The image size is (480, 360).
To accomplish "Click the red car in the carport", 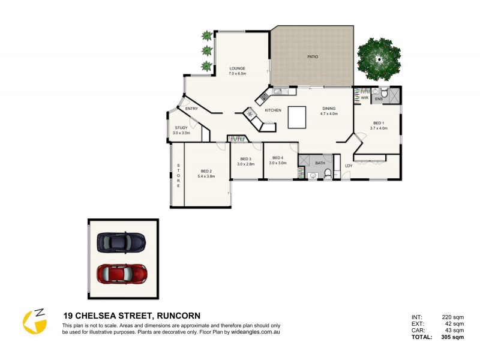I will pos(122,274).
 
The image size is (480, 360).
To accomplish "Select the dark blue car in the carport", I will pos(121,242).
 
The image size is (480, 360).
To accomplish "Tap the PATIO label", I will pos(313,57).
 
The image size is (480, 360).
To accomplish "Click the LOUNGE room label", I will pos(237,68).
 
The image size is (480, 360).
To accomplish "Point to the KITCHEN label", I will pos(273,110).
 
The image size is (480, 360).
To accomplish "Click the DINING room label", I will pos(329,109).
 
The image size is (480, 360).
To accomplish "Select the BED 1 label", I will pos(377,123).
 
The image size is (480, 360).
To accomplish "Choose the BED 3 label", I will pos(246,158).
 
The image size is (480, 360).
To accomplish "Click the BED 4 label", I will pos(278,158).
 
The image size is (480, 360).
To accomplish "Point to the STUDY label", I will pos(181,128).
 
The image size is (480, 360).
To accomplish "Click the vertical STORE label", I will pos(178,176).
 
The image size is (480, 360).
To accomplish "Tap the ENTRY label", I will pos(191,109).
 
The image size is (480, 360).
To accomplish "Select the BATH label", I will pos(320,163).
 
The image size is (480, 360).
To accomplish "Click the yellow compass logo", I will pos(35,322).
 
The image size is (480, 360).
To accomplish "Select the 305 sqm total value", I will pos(454,337).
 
